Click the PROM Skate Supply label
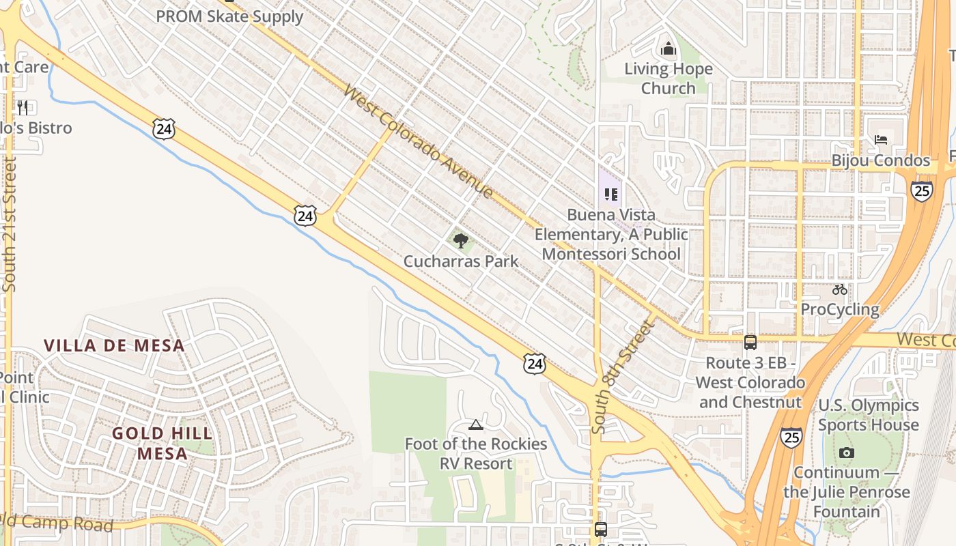pos(229,16)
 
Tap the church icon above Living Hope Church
pos(668,49)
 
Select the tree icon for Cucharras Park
pos(461,240)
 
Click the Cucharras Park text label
pos(461,261)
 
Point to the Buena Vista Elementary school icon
pos(610,195)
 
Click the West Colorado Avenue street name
pos(418,141)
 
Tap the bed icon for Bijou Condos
pos(881,140)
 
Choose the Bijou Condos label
pos(881,161)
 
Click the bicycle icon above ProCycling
pos(840,289)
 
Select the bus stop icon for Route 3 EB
pos(750,342)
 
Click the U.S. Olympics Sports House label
pos(869,415)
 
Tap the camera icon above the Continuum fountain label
pos(847,452)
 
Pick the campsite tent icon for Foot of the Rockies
pos(476,425)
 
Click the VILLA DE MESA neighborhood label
pos(114,345)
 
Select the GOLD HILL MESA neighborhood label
pos(163,443)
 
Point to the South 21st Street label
pos(9,225)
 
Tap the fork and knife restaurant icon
pos(23,107)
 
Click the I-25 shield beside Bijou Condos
pos(921,190)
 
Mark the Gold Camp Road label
pos(58,523)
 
